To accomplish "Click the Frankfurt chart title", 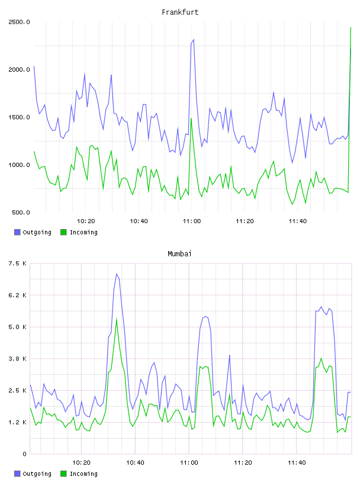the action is [180, 12].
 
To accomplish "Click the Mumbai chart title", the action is [179, 253].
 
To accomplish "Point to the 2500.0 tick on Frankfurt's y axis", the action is [19, 22].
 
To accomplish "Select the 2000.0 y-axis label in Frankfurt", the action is [19, 69].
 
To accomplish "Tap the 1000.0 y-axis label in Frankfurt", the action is [19, 165].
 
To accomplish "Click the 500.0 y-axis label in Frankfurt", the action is [21, 212].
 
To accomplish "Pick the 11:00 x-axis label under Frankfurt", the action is [192, 221].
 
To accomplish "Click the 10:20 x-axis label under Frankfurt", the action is [86, 221].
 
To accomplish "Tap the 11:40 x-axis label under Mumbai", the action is [297, 462].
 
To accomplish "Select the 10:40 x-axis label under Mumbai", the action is [136, 462].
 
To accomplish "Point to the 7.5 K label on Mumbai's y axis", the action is [18, 263].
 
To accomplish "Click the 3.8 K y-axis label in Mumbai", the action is [18, 359].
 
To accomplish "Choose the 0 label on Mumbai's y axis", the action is [25, 454].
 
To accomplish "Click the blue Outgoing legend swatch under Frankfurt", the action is [17, 232].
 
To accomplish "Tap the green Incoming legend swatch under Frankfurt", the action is [63, 232].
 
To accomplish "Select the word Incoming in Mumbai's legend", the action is [83, 474].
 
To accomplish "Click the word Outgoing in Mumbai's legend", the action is [37, 474].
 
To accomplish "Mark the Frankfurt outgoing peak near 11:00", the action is [194, 40].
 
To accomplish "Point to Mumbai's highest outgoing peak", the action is [117, 274].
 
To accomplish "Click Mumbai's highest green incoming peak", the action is [117, 319].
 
